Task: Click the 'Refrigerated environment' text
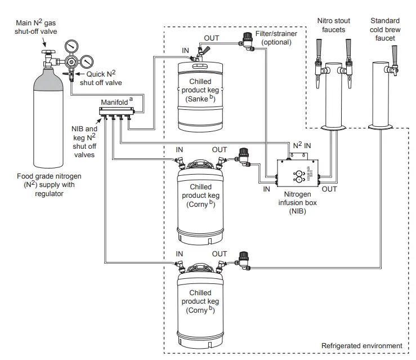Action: click(x=361, y=345)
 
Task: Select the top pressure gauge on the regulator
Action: click(x=71, y=47)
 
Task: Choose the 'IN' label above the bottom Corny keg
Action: click(x=179, y=254)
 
